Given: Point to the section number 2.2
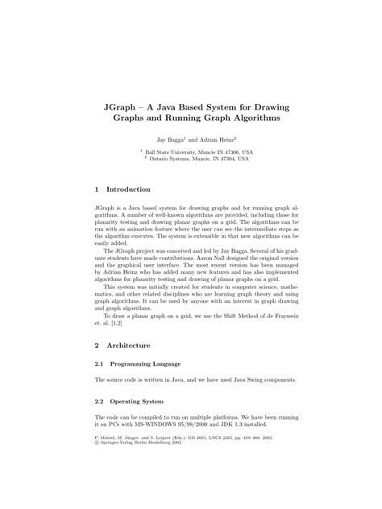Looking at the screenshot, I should (100, 400).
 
